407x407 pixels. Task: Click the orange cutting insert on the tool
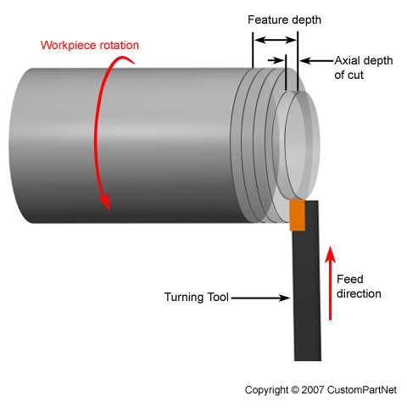click(297, 215)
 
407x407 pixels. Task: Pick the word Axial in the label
click(348, 60)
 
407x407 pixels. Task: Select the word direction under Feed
click(358, 293)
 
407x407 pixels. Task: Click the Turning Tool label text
click(196, 298)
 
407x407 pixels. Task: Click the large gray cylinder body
click(127, 144)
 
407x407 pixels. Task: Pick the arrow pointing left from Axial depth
click(315, 60)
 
